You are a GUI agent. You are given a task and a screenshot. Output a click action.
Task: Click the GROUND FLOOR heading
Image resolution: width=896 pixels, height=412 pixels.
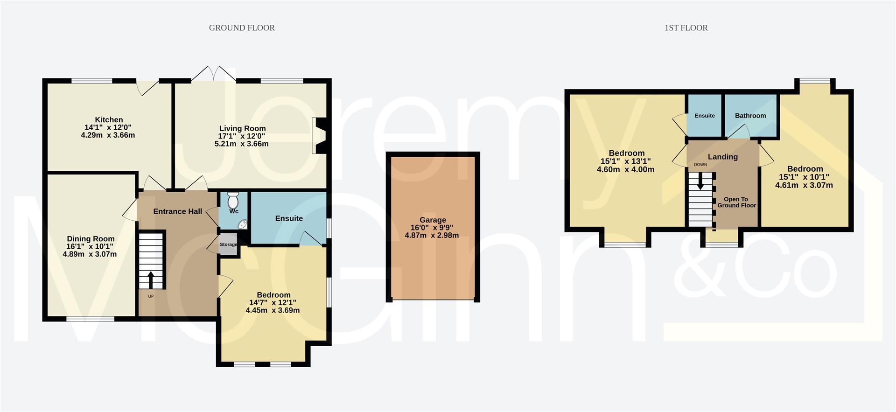(x=242, y=28)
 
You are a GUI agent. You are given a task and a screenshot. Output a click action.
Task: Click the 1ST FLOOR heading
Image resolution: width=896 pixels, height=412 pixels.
(x=686, y=28)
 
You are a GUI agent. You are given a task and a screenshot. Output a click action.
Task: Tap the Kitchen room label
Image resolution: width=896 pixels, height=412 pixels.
(x=109, y=120)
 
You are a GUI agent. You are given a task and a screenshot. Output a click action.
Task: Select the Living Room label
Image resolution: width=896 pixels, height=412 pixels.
(x=242, y=128)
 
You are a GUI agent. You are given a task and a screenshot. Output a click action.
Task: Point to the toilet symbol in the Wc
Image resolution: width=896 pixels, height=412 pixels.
(x=232, y=202)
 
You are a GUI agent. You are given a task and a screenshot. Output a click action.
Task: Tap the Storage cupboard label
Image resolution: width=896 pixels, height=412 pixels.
(x=228, y=244)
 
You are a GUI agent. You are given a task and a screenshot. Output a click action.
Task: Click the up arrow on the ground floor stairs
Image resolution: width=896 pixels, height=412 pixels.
(x=151, y=280)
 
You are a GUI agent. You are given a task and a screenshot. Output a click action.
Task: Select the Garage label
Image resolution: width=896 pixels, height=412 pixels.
(x=433, y=220)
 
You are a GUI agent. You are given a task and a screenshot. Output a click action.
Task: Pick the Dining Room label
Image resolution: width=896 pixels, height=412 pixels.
(x=91, y=239)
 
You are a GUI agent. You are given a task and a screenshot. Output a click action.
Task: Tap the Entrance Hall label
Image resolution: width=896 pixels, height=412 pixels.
(x=177, y=211)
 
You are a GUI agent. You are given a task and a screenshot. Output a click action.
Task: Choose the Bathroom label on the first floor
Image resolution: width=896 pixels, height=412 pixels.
(x=750, y=116)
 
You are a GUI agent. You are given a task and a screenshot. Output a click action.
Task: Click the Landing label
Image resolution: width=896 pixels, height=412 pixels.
(x=722, y=157)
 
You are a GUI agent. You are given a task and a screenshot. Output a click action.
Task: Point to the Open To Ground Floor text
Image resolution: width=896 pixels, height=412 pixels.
(x=736, y=202)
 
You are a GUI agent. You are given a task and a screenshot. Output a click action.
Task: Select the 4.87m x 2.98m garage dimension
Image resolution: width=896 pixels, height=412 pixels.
(x=432, y=235)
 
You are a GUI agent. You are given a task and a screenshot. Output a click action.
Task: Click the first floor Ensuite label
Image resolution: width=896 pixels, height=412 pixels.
(x=705, y=116)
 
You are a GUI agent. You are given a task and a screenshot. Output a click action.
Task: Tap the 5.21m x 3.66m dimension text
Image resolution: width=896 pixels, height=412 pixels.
(x=241, y=144)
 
